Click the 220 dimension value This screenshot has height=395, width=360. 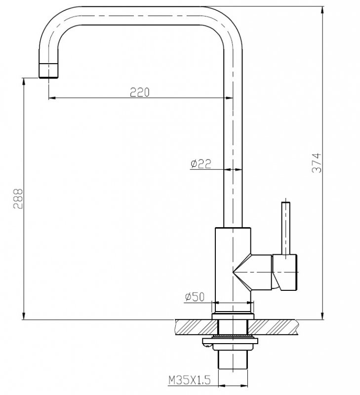click(139, 92)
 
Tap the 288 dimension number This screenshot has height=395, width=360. click(18, 198)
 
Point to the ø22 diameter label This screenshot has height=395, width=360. click(200, 163)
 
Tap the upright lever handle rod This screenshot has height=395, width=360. click(285, 227)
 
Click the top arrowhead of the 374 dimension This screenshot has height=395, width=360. click(323, 10)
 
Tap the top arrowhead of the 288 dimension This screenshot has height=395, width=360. click(24, 82)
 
